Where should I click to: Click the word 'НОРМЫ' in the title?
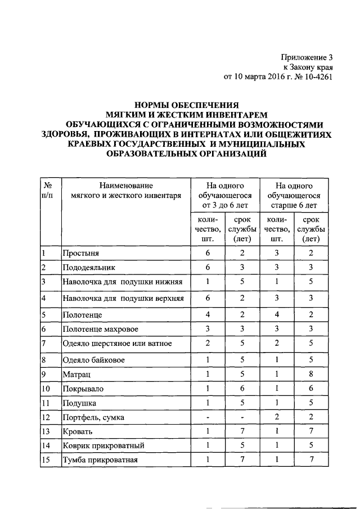(x=159, y=104)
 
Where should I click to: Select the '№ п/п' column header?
(x=48, y=191)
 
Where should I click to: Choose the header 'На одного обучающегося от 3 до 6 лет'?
(x=224, y=196)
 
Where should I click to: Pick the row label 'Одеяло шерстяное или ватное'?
(x=117, y=343)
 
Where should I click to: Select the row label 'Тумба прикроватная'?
(x=101, y=461)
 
